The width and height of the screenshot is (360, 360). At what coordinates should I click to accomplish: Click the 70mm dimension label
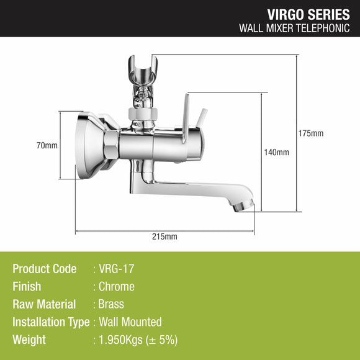pyautogui.click(x=47, y=145)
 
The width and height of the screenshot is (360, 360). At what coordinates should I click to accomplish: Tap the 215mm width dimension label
pyautogui.click(x=164, y=236)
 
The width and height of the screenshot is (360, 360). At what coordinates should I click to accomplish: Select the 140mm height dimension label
pyautogui.click(x=277, y=152)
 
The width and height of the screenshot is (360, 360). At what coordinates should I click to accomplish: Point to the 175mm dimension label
pyautogui.click(x=310, y=133)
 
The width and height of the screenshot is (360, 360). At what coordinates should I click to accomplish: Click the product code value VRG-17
pyautogui.click(x=116, y=269)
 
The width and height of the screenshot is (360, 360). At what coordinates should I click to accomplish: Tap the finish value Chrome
pyautogui.click(x=116, y=287)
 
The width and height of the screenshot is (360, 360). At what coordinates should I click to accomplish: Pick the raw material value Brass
pyautogui.click(x=111, y=304)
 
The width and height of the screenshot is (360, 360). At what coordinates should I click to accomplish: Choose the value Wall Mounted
pyautogui.click(x=130, y=322)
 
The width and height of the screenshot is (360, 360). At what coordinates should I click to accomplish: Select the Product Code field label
pyautogui.click(x=45, y=269)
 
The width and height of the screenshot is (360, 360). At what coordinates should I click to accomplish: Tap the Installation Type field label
pyautogui.click(x=51, y=322)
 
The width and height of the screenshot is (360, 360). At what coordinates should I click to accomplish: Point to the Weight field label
pyautogui.click(x=29, y=340)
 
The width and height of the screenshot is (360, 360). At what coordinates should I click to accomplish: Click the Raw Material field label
pyautogui.click(x=44, y=304)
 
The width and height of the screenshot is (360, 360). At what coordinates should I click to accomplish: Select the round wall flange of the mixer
pyautogui.click(x=91, y=144)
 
